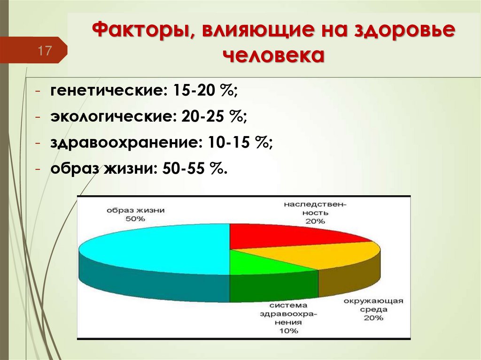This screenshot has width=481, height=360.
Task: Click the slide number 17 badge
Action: pyautogui.click(x=45, y=50)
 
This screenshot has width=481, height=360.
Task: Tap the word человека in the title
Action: pyautogui.click(x=273, y=56)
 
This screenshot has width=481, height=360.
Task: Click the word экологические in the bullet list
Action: pyautogui.click(x=109, y=116)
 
